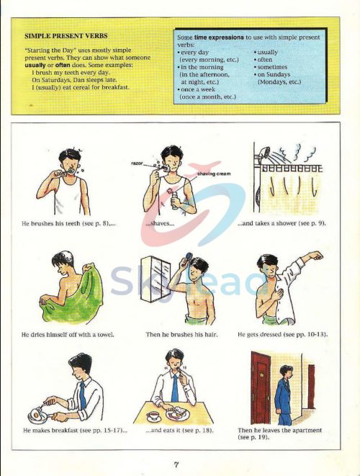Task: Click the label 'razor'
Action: pyautogui.click(x=138, y=163)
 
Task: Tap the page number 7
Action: pyautogui.click(x=176, y=465)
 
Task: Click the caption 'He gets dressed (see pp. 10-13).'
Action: pyautogui.click(x=281, y=334)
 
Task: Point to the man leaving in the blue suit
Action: pyautogui.click(x=284, y=393)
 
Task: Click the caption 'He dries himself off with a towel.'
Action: pyautogui.click(x=68, y=334)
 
